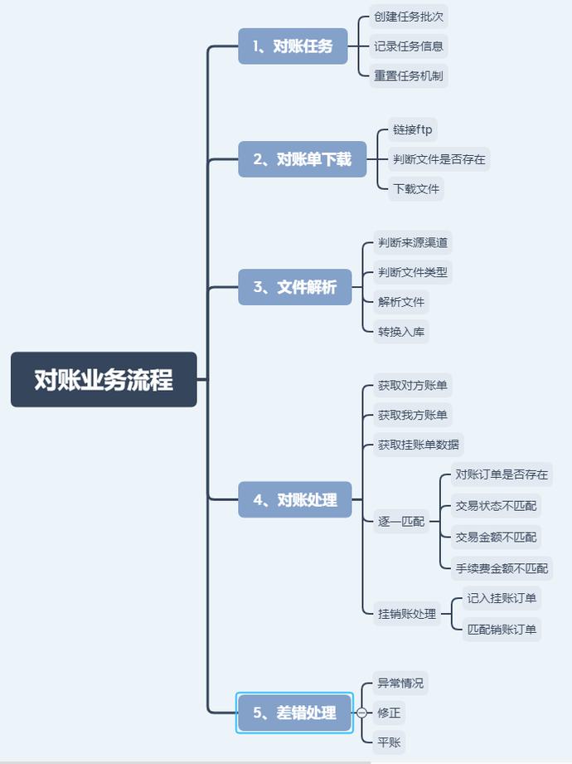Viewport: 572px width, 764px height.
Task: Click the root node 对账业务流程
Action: (104, 380)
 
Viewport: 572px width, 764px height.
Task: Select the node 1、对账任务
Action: (293, 46)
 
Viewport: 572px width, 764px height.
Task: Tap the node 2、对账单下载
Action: (302, 159)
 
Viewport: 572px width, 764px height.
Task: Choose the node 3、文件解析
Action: (295, 288)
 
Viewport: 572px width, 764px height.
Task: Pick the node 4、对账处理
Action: (295, 499)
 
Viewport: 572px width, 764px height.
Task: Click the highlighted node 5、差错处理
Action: (294, 713)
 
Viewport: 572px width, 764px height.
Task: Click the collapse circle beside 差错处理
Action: (361, 713)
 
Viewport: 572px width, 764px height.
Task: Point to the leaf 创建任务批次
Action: (409, 17)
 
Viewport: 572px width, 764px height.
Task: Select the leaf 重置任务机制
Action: (409, 76)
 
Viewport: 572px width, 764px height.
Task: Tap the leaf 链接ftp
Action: (413, 130)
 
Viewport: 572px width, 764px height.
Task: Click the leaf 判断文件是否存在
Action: (439, 159)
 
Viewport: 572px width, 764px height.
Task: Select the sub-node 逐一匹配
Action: (400, 522)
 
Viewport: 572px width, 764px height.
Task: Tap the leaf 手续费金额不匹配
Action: (502, 568)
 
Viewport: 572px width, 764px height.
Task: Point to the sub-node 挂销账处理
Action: (406, 614)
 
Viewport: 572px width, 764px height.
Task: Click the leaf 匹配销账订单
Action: (502, 630)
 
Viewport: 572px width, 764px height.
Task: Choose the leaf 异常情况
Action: (400, 684)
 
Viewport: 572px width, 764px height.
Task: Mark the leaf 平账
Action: (389, 742)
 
